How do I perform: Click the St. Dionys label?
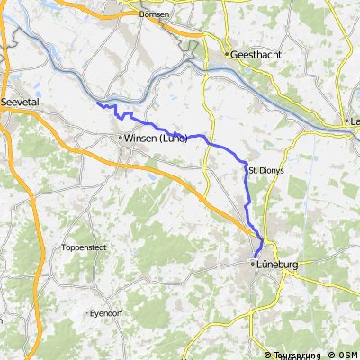coord(262,170)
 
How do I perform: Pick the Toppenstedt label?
coord(85,247)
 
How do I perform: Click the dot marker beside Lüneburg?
coord(251,265)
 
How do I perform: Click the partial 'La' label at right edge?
coord(355,121)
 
